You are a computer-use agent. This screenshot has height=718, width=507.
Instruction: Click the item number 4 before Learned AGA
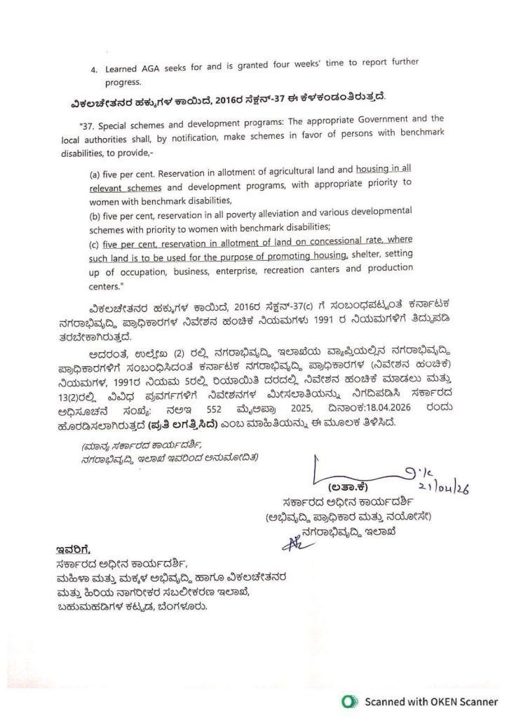coord(94,70)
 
